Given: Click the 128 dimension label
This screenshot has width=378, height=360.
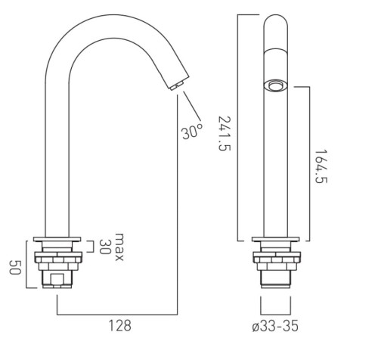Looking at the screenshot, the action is (x=119, y=325).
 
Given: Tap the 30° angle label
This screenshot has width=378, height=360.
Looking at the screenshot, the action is (x=192, y=131).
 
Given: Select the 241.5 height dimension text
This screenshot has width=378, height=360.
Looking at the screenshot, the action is (x=224, y=133).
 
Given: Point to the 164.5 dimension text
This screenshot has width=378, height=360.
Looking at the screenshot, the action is (x=321, y=166).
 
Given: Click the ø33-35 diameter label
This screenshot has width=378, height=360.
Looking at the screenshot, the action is (x=275, y=326).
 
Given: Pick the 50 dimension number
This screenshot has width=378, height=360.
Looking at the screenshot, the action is (x=15, y=267).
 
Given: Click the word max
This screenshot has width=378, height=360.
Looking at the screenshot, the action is (x=119, y=247).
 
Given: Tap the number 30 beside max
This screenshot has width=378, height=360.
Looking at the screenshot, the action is (x=104, y=247).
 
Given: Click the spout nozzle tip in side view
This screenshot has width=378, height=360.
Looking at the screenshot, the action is (x=177, y=85).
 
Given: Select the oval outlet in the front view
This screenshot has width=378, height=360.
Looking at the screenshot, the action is (x=275, y=85).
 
